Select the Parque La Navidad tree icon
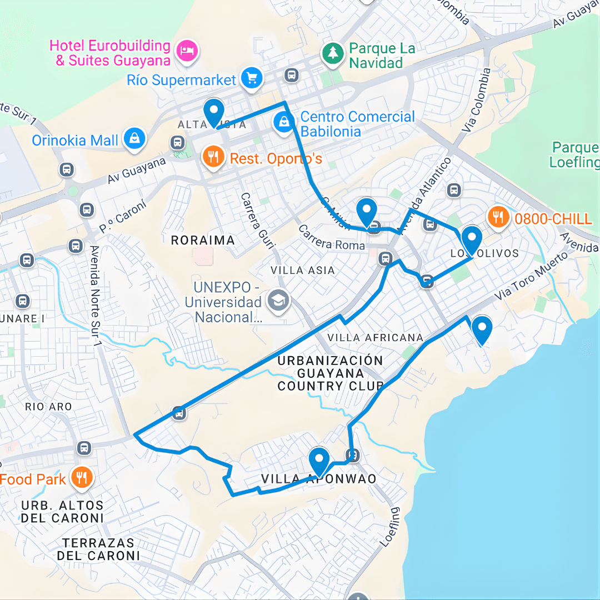(x=333, y=53)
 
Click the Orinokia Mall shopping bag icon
(x=134, y=139)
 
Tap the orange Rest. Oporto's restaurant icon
(x=213, y=156)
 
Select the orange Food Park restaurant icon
(x=82, y=477)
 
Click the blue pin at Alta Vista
(x=213, y=113)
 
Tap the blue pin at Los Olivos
(x=472, y=240)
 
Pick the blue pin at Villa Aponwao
(x=319, y=462)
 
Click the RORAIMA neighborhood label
(x=203, y=241)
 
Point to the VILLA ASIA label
(x=303, y=271)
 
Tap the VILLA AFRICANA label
(x=375, y=338)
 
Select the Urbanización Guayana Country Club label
(x=331, y=373)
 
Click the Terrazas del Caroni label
(x=98, y=549)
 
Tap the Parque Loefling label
(x=574, y=155)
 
